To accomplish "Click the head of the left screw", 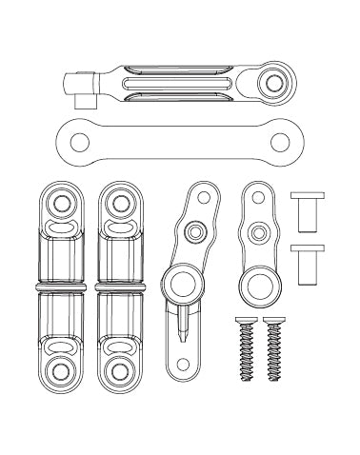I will (243, 320).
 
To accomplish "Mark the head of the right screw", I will (276, 320).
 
